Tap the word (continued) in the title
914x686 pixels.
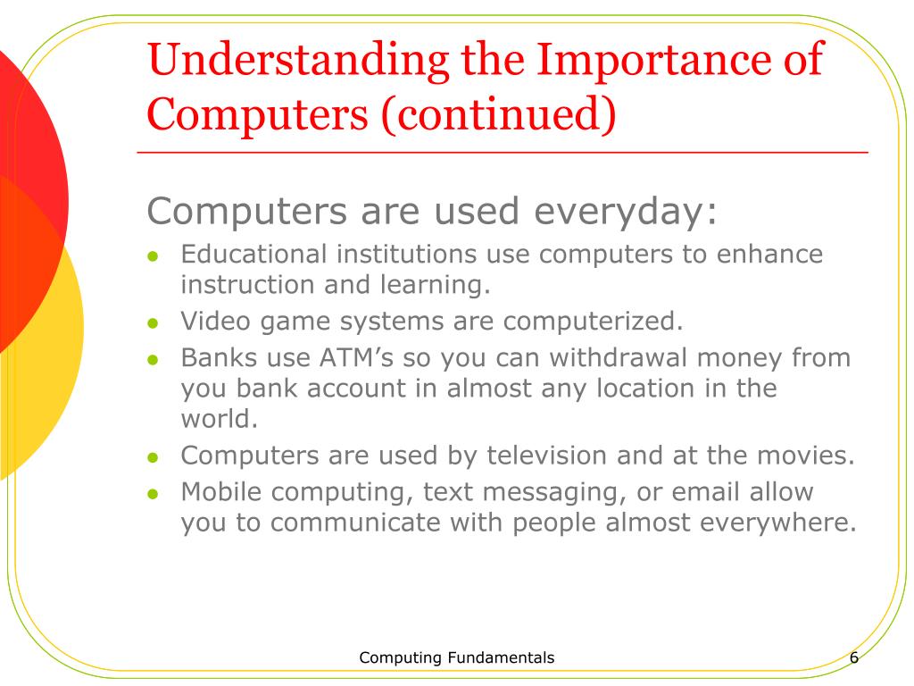click(x=499, y=115)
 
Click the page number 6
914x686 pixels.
click(x=854, y=658)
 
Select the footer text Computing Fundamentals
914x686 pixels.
click(x=456, y=658)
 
